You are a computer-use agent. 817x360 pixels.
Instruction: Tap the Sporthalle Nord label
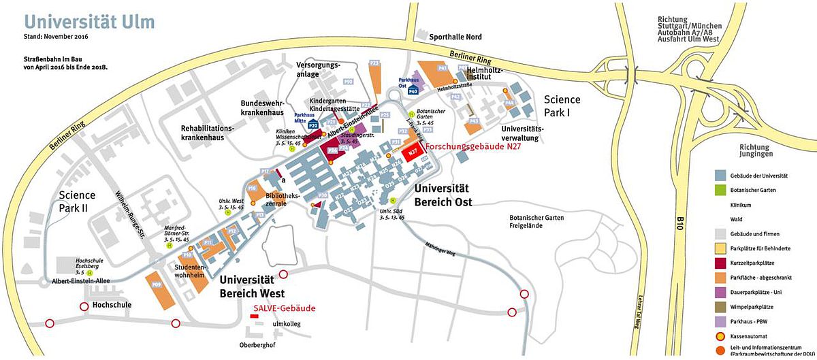[455, 37]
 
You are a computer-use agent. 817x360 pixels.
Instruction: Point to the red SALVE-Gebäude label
[284, 308]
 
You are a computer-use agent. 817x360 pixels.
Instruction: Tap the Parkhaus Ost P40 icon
[413, 90]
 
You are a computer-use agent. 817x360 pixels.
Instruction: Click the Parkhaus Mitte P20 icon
[314, 125]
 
